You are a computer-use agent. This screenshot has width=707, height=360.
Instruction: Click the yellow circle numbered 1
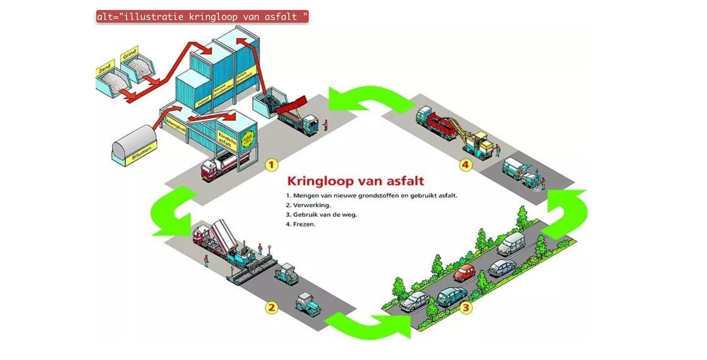271,165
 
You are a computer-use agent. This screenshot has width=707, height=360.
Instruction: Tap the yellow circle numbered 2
271,307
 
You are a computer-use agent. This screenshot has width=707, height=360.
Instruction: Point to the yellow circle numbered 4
466,165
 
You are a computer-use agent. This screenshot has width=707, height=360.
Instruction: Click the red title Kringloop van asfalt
355,181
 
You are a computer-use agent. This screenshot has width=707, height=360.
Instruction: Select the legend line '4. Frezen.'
301,224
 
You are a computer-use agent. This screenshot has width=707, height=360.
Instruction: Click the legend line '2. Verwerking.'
308,205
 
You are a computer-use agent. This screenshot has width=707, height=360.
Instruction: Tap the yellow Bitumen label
142,153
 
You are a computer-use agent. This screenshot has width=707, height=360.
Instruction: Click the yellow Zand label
105,68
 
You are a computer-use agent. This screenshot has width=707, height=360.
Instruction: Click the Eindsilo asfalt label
227,140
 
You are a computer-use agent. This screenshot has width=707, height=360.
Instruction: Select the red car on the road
464,272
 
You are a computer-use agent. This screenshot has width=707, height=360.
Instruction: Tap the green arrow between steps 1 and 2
173,212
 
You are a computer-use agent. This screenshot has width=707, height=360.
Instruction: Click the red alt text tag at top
202,17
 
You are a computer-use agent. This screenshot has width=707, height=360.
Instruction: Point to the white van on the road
511,243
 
